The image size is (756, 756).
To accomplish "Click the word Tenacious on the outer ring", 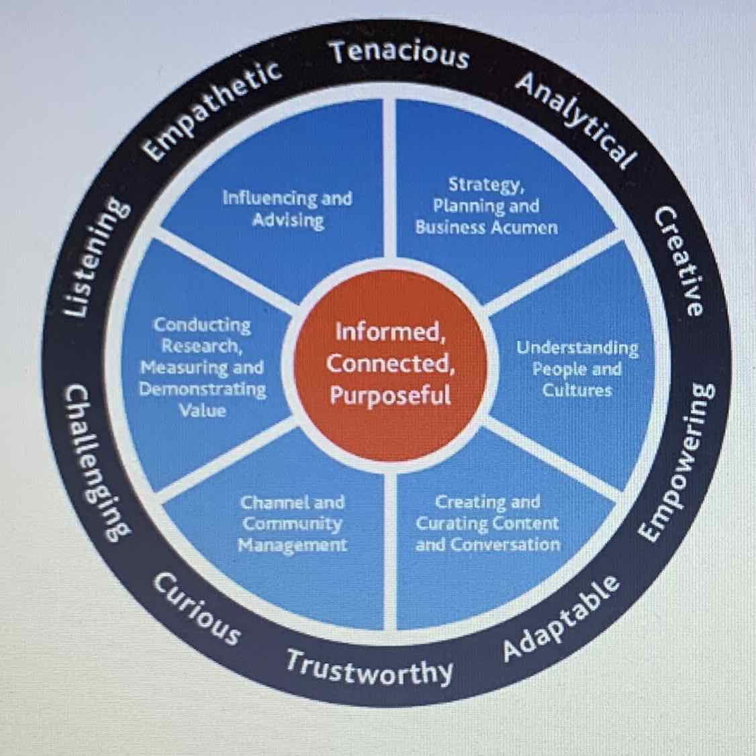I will pyautogui.click(x=400, y=53).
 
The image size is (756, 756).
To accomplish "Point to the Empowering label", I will pyautogui.click(x=676, y=463).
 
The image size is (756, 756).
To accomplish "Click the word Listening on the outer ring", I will pyautogui.click(x=93, y=258).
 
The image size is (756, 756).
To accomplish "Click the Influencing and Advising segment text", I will pyautogui.click(x=287, y=209).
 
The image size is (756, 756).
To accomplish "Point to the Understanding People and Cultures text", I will pyautogui.click(x=577, y=369).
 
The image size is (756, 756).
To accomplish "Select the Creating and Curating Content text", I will pyautogui.click(x=487, y=523).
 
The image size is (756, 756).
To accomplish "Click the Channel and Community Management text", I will pyautogui.click(x=293, y=523).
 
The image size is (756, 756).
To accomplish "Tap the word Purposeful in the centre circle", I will pyautogui.click(x=390, y=395).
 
